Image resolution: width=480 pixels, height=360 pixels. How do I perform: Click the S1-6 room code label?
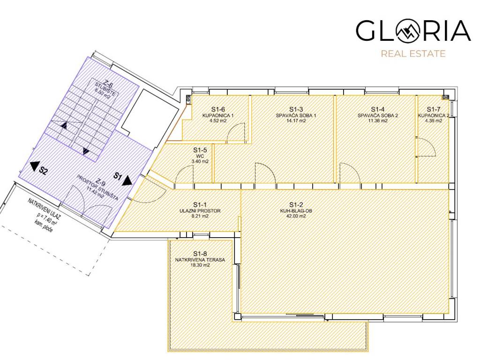pyautogui.click(x=218, y=109)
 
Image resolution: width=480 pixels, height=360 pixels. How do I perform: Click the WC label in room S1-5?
pyautogui.click(x=200, y=156)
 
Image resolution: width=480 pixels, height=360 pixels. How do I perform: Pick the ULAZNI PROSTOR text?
pyautogui.click(x=200, y=211)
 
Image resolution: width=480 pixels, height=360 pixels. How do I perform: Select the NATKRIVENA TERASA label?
pyautogui.click(x=200, y=260)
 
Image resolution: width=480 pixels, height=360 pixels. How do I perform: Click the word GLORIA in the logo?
pyautogui.click(x=413, y=30)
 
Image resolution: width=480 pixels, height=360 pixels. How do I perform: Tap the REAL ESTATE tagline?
pyautogui.click(x=413, y=54)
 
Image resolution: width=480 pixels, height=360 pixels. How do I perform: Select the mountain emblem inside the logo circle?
pyautogui.click(x=408, y=30)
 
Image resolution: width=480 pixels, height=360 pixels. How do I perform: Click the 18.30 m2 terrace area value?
pyautogui.click(x=200, y=265)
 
